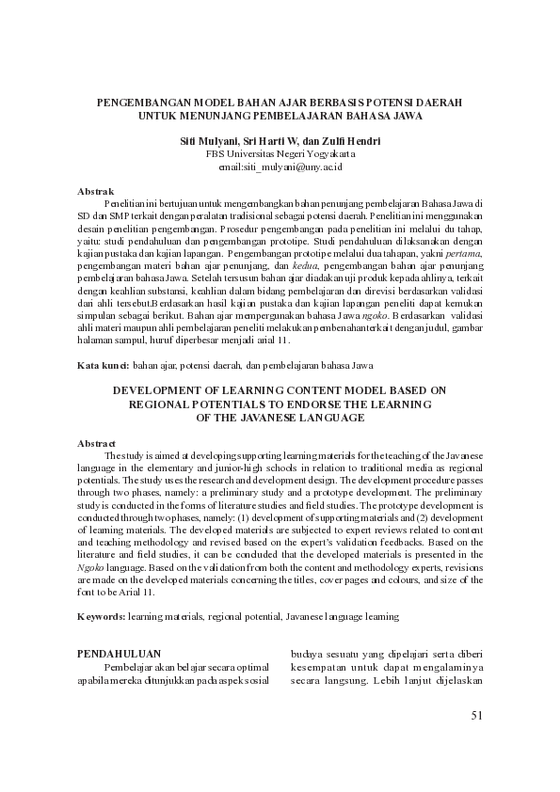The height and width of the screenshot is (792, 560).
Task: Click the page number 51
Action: pos(476,716)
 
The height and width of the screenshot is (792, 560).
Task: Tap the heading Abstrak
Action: pos(94,191)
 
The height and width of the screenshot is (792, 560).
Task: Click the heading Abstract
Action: pos(96,443)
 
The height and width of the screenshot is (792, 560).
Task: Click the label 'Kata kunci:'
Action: pos(103,363)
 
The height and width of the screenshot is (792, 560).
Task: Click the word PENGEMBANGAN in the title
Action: pos(142,101)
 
